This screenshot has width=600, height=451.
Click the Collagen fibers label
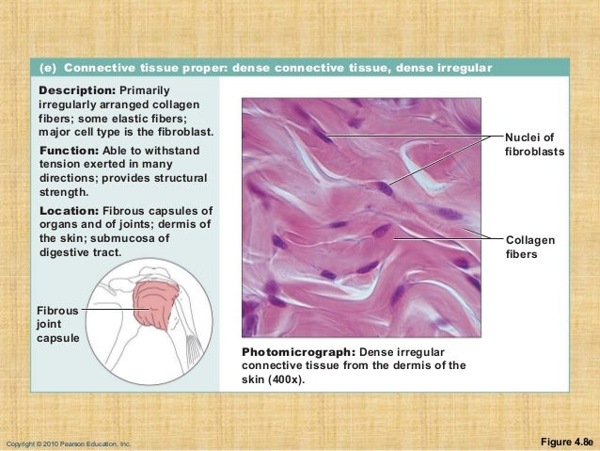529,247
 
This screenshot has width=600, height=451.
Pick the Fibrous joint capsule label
57,323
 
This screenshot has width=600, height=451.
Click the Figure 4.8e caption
567,441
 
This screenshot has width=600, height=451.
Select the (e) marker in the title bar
47,68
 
